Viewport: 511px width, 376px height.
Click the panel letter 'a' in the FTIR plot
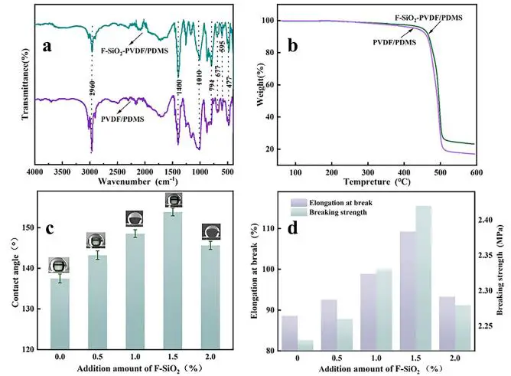pos(47,45)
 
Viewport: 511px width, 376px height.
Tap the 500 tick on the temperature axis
pos(439,173)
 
